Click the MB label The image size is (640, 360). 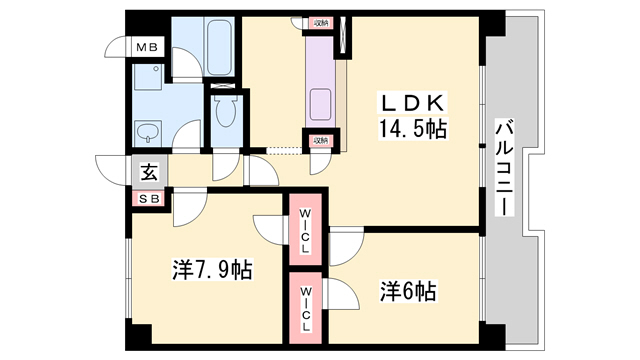coord(148,47)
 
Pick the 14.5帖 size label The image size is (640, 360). coord(411,129)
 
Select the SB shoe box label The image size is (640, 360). coord(148,197)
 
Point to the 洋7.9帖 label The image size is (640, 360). coord(211,270)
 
